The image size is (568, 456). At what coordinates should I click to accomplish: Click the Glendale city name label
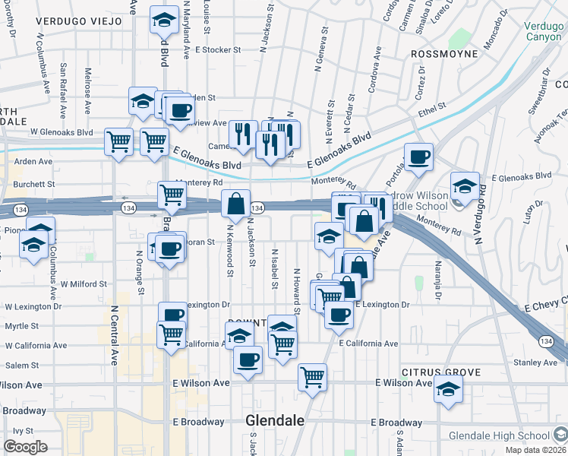coord(275,421)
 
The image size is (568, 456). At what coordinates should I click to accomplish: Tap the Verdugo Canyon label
coord(544,30)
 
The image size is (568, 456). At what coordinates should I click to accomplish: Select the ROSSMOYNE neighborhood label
coord(444,54)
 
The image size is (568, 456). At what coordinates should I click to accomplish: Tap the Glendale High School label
coord(498,435)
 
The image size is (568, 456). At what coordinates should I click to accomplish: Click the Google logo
coord(25,447)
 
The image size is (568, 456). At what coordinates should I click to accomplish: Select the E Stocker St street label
coord(217,49)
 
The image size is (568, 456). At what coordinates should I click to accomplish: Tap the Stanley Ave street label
coord(535,363)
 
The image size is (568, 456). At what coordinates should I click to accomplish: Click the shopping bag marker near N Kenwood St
coord(236,204)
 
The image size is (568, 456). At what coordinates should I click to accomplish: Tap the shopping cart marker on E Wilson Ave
coord(312,377)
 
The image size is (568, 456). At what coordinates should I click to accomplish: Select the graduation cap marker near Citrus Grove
coord(448,388)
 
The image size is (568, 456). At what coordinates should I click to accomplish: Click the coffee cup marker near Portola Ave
coord(418,157)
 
